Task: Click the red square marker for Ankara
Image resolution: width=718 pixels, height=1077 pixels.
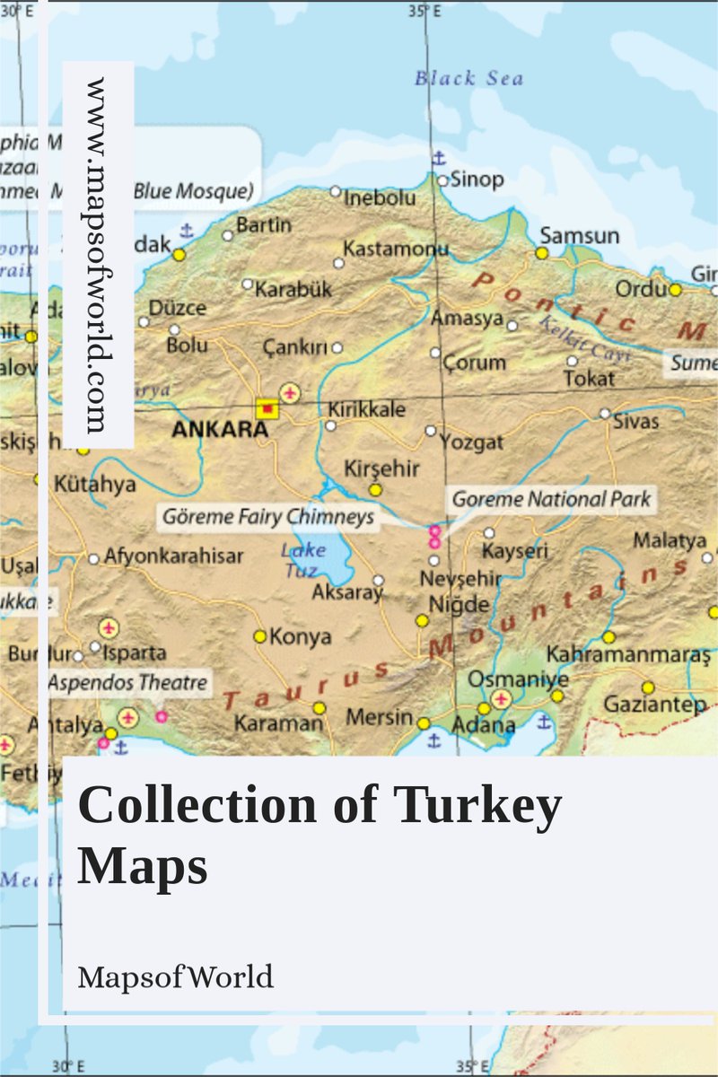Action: point(267,409)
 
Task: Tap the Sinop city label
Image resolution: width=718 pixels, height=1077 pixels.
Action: point(477,179)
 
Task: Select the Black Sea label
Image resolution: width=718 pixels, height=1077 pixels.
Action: point(468,79)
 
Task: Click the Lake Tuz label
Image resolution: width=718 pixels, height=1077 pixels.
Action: point(302,560)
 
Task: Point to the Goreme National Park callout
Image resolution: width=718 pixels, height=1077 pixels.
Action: point(551,499)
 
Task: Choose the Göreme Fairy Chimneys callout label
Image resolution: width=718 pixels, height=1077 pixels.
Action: point(267,518)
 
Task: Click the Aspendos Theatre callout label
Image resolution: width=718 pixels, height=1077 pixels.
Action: point(127,683)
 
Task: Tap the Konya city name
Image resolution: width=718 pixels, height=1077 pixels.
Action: point(301,636)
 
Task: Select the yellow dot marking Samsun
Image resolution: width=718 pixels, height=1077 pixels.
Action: point(542,253)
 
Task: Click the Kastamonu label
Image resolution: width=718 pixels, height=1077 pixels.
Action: point(396,249)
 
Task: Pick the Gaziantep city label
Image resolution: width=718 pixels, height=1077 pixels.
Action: point(654,705)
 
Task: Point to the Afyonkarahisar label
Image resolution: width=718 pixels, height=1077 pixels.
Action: point(173,556)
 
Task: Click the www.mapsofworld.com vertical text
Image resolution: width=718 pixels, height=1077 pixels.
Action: point(98,255)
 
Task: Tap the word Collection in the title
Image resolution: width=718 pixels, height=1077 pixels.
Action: point(197,805)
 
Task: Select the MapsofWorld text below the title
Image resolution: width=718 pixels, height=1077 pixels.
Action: point(175,976)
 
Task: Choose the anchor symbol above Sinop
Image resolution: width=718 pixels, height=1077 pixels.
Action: point(438,159)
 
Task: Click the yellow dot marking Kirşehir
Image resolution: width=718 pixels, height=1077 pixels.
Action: point(375,490)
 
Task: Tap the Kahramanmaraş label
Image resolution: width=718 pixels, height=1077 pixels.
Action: point(628,654)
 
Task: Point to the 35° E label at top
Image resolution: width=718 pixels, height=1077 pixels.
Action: point(424,12)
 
